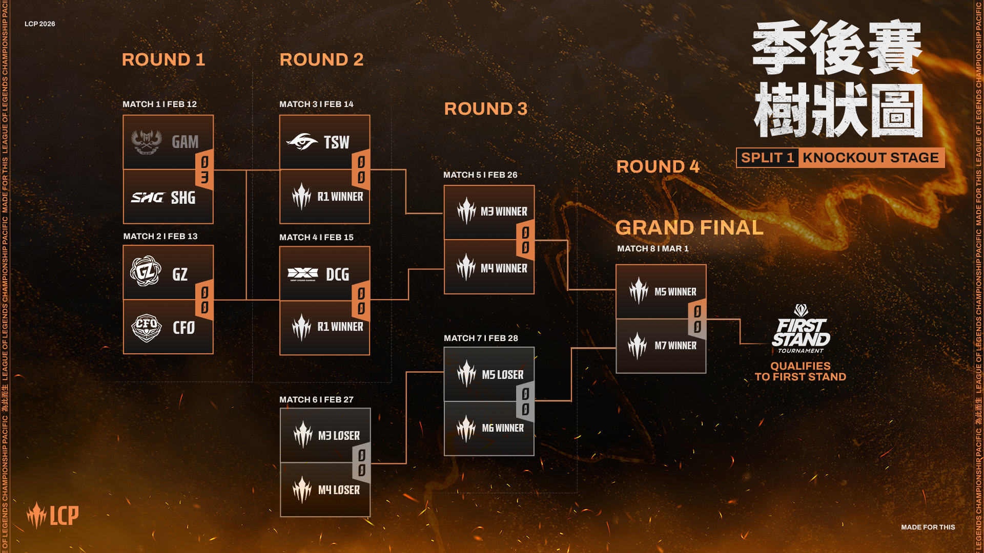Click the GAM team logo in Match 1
(x=147, y=142)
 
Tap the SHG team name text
(x=183, y=198)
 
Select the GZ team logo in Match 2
(x=146, y=271)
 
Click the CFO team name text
(x=183, y=328)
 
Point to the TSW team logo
(x=302, y=142)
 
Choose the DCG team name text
(x=337, y=274)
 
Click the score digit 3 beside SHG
(x=204, y=178)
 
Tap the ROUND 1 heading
(x=163, y=59)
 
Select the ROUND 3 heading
(x=485, y=109)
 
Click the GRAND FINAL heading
(x=689, y=227)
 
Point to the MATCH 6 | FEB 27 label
(x=316, y=399)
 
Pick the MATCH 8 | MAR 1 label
(x=652, y=248)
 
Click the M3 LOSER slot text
(x=339, y=436)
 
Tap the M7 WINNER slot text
(x=675, y=346)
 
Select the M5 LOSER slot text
(x=502, y=375)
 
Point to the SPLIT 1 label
(x=767, y=158)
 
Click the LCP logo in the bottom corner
(x=53, y=515)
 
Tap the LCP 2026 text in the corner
(x=40, y=24)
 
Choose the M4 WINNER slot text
(x=503, y=268)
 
